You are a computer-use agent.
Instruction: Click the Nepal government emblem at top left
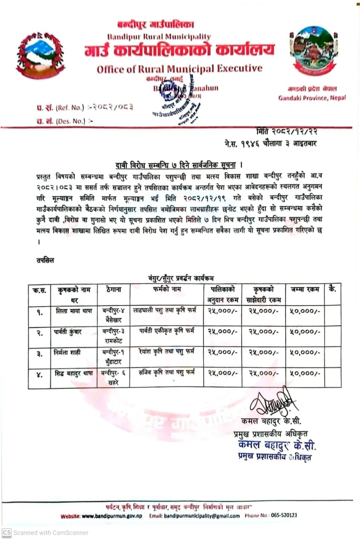(x=41, y=55)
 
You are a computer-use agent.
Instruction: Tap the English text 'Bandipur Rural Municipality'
(x=159, y=37)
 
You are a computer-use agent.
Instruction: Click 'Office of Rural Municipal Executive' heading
(x=179, y=69)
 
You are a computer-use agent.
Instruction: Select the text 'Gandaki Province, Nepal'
(x=312, y=98)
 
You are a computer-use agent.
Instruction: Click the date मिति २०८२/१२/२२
(x=287, y=132)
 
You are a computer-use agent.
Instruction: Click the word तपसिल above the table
(x=45, y=260)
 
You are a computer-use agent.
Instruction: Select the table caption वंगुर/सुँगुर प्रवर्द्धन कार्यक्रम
(x=181, y=278)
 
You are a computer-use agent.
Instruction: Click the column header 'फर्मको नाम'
(x=167, y=289)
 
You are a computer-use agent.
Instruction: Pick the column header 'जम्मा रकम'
(x=305, y=289)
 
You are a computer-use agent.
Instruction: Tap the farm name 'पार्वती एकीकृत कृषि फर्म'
(x=167, y=331)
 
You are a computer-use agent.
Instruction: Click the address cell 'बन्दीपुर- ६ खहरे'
(x=113, y=377)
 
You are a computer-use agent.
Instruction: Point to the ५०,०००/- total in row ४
(x=305, y=373)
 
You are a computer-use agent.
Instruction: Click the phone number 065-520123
(x=282, y=515)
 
